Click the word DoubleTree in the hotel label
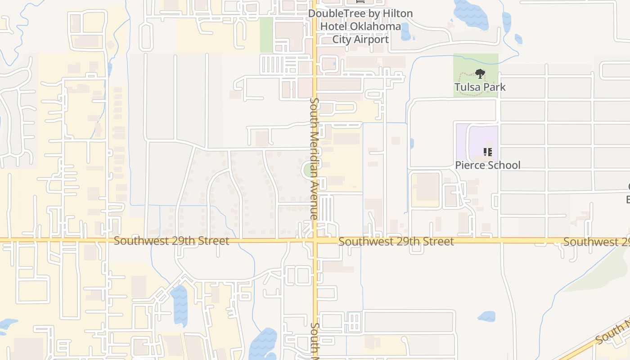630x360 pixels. pyautogui.click(x=337, y=13)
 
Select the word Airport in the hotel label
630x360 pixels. pyautogui.click(x=372, y=40)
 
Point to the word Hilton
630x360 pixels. pyautogui.click(x=396, y=13)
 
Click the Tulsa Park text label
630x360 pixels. pyautogui.click(x=480, y=87)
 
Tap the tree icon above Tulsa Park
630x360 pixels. pyautogui.click(x=480, y=73)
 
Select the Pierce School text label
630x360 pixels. pyautogui.click(x=487, y=165)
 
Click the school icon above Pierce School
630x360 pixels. pyautogui.click(x=487, y=152)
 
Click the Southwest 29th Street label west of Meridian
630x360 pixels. pyautogui.click(x=171, y=241)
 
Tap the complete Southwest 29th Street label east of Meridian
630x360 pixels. pyautogui.click(x=396, y=242)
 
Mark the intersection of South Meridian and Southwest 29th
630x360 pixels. pyautogui.click(x=316, y=240)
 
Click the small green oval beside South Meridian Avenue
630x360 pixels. pyautogui.click(x=308, y=171)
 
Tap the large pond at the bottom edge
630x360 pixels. pyautogui.click(x=264, y=344)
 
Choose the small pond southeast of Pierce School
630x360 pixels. pyautogui.click(x=486, y=316)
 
